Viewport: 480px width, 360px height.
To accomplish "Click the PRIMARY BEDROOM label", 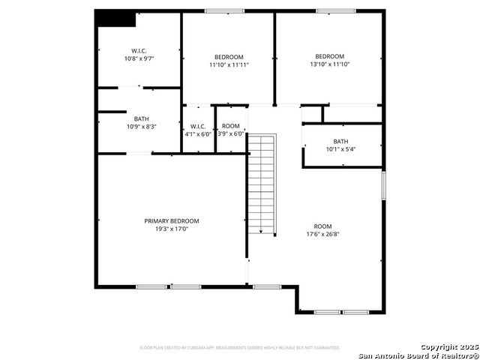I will (x=172, y=220).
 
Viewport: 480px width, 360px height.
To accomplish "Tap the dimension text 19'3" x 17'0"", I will (x=172, y=229).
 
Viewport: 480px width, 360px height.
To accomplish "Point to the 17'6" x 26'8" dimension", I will (x=322, y=234).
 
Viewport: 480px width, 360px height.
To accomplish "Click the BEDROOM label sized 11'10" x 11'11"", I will (x=229, y=57).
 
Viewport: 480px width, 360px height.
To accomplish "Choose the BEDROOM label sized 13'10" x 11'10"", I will (x=329, y=56).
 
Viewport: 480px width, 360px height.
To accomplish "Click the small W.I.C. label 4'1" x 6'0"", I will (x=198, y=126).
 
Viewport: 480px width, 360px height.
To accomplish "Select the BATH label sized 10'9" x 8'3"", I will (x=142, y=118).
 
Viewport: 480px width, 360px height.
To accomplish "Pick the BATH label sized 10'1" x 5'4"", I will (x=340, y=141).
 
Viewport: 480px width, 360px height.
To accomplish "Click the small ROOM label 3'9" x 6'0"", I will (x=231, y=126).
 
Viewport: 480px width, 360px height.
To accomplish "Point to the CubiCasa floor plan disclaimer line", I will (x=239, y=348).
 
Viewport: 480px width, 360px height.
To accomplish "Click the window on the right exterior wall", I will (x=382, y=185).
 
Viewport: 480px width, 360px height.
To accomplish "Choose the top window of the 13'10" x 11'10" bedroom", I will (x=330, y=10).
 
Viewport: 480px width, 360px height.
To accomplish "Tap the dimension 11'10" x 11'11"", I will (x=229, y=64).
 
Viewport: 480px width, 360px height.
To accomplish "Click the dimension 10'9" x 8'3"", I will (x=142, y=127).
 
